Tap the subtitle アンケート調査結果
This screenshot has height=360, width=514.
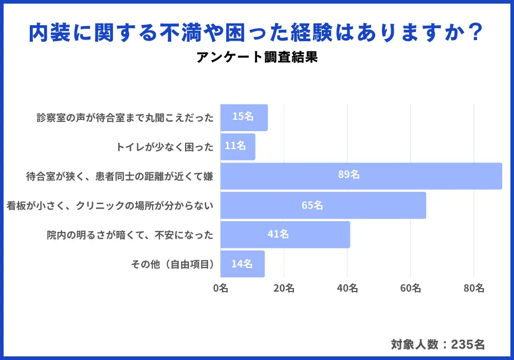coord(257,57)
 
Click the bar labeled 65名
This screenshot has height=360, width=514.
coord(323,205)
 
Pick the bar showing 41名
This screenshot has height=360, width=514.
coord(285,235)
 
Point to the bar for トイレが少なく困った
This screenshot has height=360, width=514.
coord(237,147)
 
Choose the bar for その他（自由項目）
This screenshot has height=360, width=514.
coord(242,264)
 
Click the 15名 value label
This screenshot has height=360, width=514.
coord(243,117)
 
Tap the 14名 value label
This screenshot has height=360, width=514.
coord(242,264)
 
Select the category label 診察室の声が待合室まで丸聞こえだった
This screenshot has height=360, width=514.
coord(125,118)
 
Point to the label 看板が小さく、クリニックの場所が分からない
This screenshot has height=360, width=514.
coord(110,206)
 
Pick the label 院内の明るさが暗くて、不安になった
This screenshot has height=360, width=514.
coord(130,235)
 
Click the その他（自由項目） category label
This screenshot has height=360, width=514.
coord(172,264)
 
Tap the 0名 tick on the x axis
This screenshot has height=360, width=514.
coord(221,289)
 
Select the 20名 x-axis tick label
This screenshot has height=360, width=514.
coord(284,289)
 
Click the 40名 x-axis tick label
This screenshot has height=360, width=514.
coord(347,289)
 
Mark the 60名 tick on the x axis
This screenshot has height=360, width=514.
coord(410,289)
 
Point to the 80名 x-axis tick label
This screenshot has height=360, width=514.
coord(473,289)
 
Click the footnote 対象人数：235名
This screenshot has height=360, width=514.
coord(437,344)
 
